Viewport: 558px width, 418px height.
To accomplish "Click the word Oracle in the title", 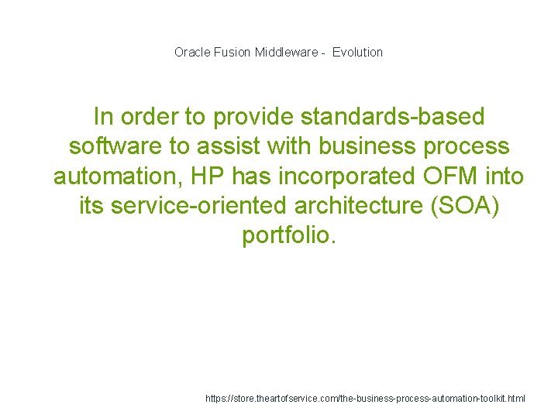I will tap(190, 53).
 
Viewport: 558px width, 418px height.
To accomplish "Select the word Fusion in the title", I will tap(230, 53).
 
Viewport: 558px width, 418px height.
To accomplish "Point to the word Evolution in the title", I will tap(358, 53).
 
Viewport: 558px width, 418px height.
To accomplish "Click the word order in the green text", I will tap(146, 117).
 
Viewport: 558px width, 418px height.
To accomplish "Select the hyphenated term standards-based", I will tap(392, 117).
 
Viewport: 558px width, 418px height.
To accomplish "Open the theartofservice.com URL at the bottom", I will tap(365, 398).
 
